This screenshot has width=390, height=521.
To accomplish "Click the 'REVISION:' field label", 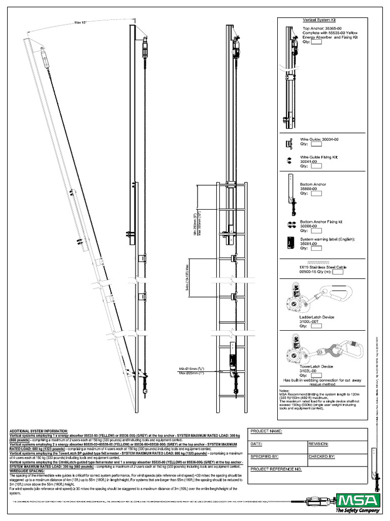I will tap(318, 444).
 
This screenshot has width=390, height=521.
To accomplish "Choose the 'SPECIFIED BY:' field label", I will tap(265, 457).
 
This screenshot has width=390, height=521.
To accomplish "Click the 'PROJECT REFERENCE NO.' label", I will tap(276, 469).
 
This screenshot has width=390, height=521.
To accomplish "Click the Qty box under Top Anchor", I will tap(316, 42).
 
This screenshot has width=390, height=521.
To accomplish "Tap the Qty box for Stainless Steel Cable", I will tap(338, 272).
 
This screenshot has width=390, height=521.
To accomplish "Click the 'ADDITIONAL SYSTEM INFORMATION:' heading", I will tap(42, 431).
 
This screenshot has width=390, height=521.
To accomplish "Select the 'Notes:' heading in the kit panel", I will tap(284, 390).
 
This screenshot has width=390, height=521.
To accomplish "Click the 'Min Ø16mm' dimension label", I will tap(188, 368).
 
